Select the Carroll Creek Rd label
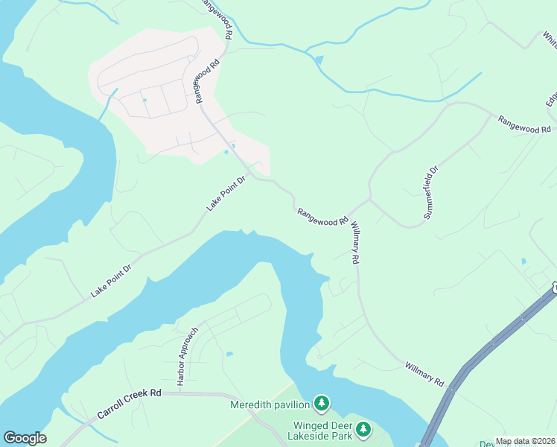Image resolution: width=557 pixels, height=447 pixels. pyautogui.click(x=129, y=403)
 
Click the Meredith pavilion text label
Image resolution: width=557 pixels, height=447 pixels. pyautogui.click(x=270, y=405)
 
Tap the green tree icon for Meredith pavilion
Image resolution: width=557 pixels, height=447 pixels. pyautogui.click(x=322, y=404)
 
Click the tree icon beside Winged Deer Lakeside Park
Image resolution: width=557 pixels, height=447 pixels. pyautogui.click(x=363, y=428)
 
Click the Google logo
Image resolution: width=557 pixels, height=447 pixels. pyautogui.click(x=25, y=438)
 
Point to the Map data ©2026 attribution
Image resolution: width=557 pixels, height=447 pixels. pyautogui.click(x=526, y=441)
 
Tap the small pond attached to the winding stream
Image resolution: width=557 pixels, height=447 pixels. pyautogui.click(x=319, y=60)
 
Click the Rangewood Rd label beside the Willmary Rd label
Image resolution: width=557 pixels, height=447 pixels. pyautogui.click(x=322, y=217)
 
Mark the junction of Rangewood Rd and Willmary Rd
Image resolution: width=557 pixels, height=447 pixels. pyautogui.click(x=368, y=200)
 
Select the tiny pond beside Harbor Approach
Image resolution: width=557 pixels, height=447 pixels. pyautogui.click(x=229, y=353)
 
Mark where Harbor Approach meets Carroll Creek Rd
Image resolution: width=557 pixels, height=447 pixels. pyautogui.click(x=179, y=392)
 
